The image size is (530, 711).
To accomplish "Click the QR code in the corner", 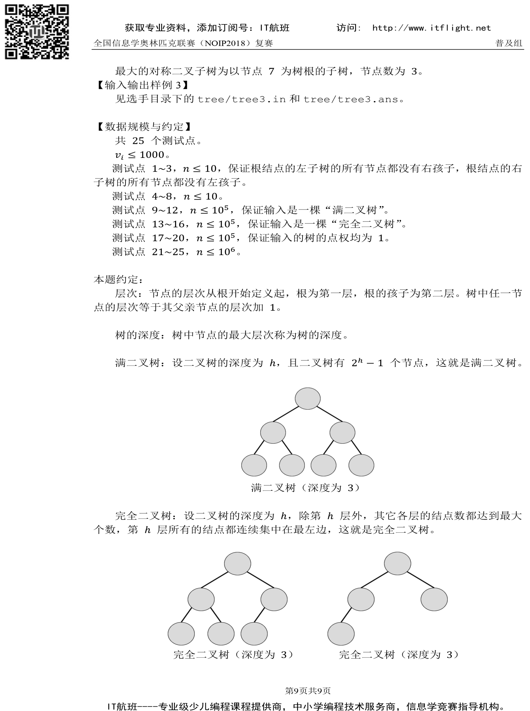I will point(36,31).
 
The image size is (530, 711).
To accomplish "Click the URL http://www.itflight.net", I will point(431,28).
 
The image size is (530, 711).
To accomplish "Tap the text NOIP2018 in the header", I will point(226,43).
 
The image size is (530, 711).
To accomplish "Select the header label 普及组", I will point(508,43).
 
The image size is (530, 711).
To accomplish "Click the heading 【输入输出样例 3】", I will point(142,85).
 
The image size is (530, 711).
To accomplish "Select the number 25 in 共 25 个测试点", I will point(138,141).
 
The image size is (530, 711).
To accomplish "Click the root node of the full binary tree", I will point(307,398).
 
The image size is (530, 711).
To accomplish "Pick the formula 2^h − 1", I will point(367,363).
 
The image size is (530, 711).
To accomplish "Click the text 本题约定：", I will point(118,279).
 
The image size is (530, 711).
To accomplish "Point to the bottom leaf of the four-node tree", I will point(341,633).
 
